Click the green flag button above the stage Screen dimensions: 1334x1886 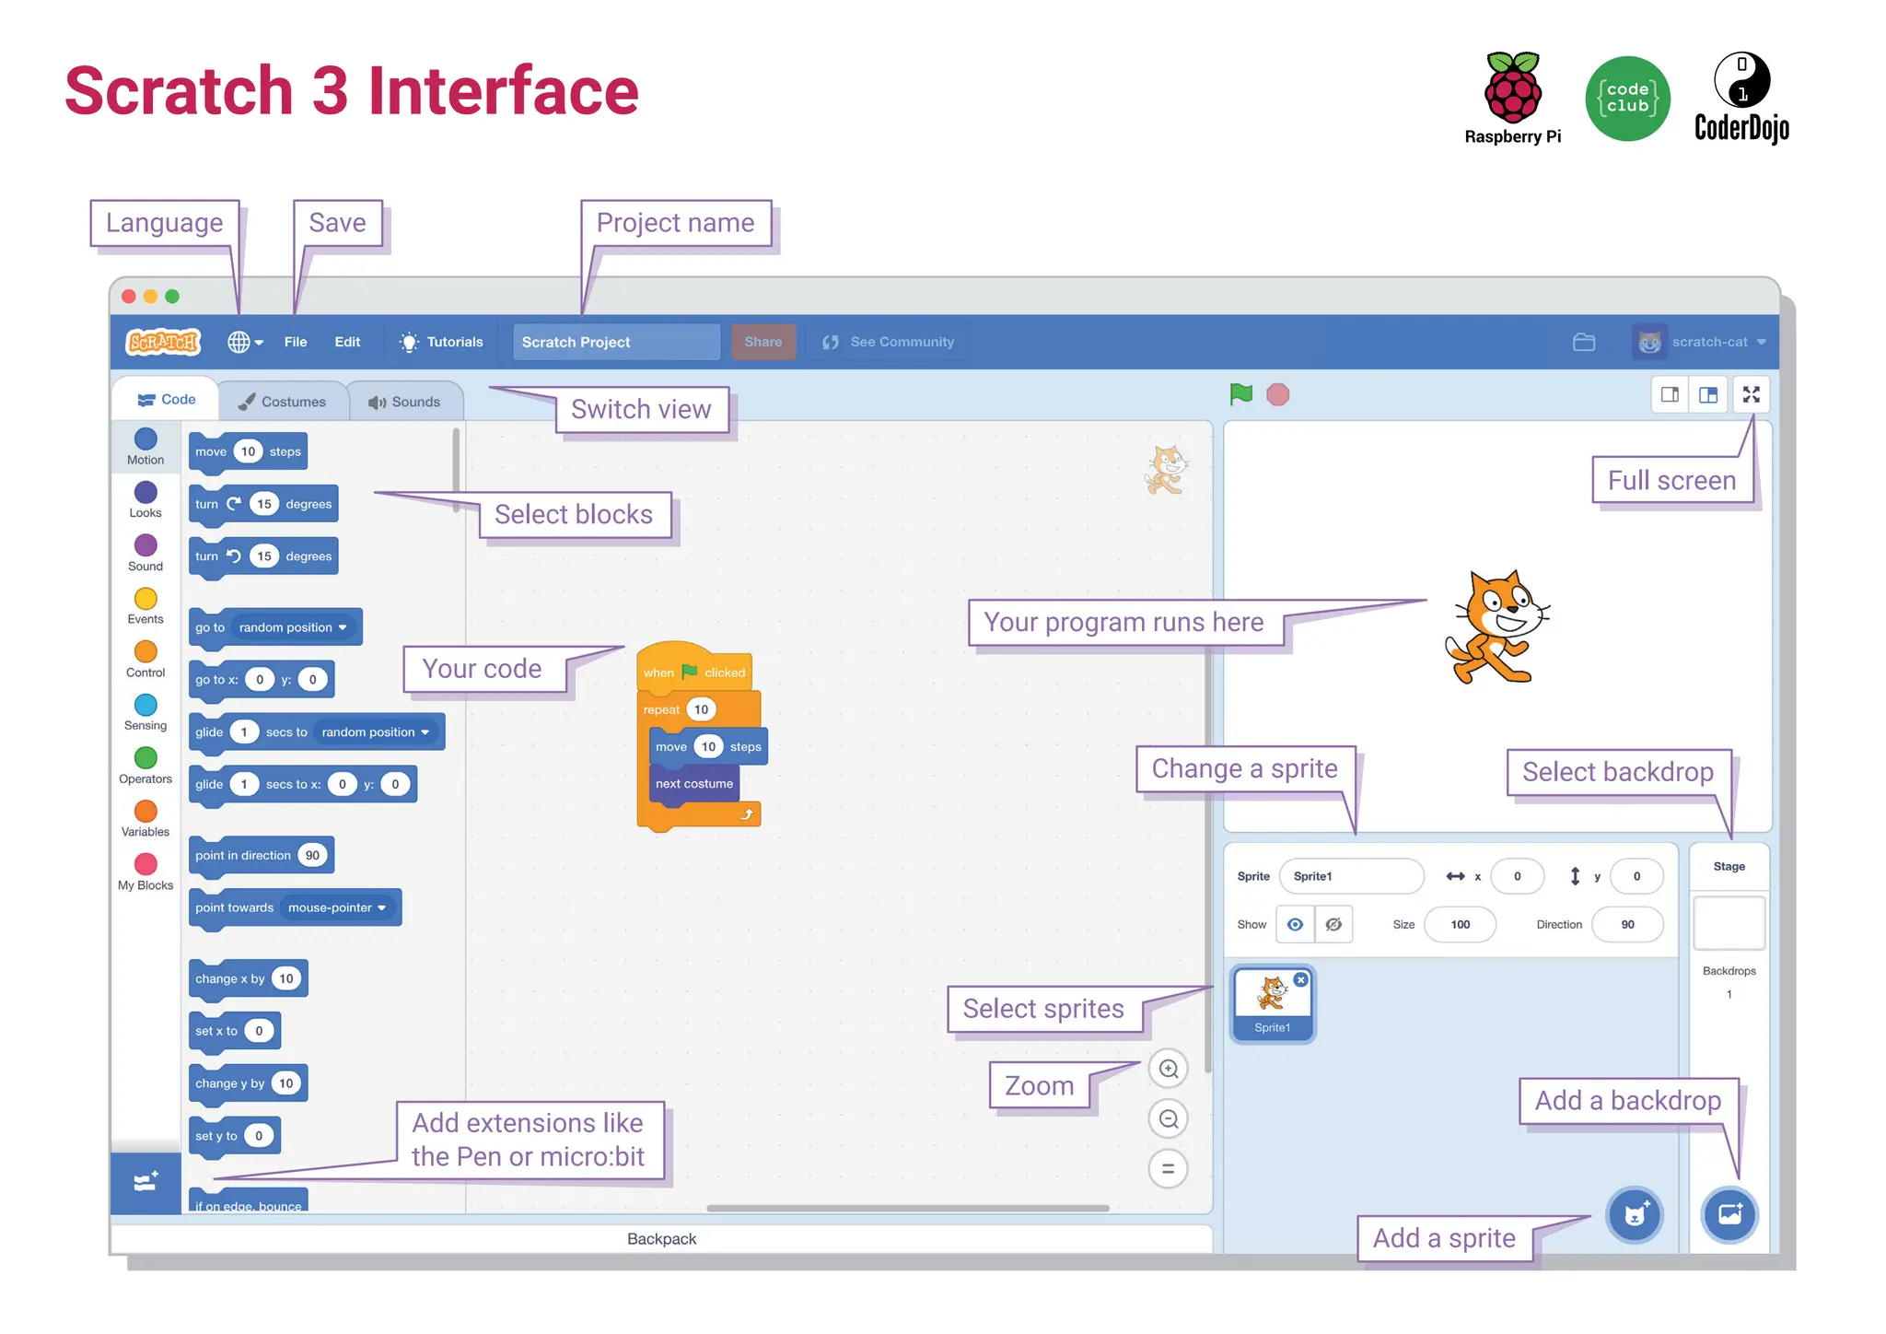tap(1240, 394)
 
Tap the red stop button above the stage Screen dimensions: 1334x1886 tap(1277, 395)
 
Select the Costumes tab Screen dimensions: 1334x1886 tap(283, 402)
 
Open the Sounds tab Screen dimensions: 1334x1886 tap(404, 402)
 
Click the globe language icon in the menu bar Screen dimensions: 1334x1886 tap(239, 342)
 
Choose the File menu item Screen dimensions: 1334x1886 tap(296, 342)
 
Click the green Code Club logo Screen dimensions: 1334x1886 tap(1627, 99)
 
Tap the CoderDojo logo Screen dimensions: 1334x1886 tap(1741, 97)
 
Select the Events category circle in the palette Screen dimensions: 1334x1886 tap(146, 599)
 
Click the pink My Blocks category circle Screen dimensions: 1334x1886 tap(146, 864)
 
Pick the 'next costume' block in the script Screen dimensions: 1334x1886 tap(693, 784)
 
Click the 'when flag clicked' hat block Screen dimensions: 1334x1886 tap(693, 671)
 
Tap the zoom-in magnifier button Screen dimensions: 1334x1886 tap(1169, 1069)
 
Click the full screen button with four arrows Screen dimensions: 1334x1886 tap(1751, 394)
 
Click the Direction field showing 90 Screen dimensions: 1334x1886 tap(1627, 924)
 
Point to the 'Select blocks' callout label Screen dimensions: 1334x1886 tap(574, 514)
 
